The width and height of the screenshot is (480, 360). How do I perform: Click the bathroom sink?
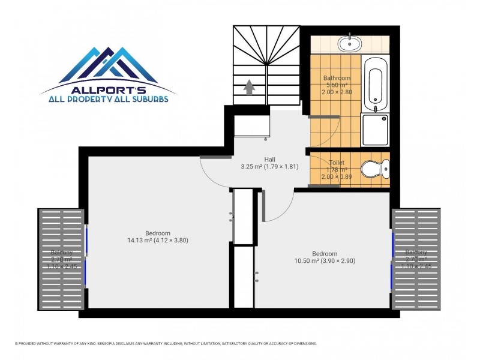tap(349, 43)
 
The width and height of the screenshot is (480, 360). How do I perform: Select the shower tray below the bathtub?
tap(376, 129)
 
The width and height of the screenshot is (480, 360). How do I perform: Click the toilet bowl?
tap(376, 169)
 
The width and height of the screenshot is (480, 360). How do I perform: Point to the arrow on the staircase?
tap(250, 88)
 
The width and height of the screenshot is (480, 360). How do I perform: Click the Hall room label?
tap(269, 159)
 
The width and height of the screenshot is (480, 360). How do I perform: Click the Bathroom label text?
tap(336, 79)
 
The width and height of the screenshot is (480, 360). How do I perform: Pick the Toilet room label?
tap(337, 163)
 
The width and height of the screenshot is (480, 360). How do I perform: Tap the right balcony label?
tap(416, 253)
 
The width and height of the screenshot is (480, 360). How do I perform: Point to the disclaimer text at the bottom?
tap(165, 344)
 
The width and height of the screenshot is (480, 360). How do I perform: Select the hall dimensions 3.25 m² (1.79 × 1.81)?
tap(269, 167)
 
